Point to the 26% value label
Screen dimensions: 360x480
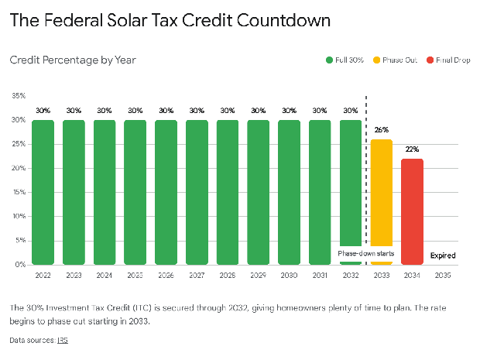point(381,130)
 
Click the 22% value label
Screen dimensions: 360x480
point(412,149)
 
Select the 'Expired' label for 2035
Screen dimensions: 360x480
point(443,255)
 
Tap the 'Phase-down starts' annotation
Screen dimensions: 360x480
point(365,252)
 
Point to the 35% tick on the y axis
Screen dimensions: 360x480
point(19,96)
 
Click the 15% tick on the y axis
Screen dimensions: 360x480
point(19,192)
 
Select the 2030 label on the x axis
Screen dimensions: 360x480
point(289,274)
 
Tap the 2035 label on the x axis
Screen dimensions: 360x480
point(443,274)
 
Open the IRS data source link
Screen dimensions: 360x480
point(62,340)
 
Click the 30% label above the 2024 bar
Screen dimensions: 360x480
point(104,111)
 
